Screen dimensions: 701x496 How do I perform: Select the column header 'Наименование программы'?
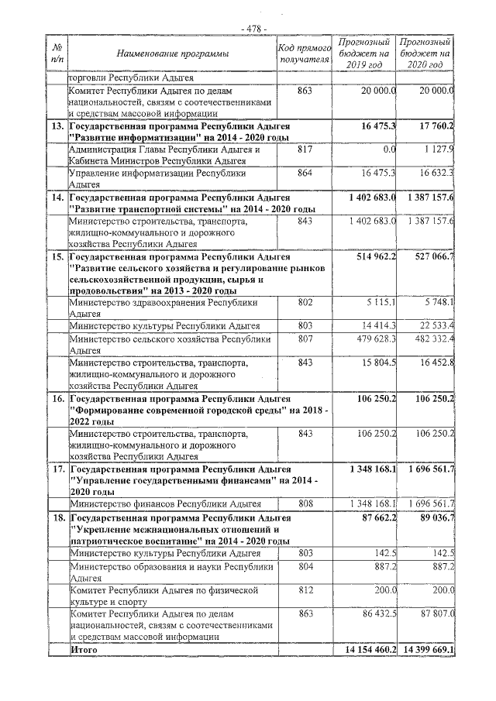tap(173, 53)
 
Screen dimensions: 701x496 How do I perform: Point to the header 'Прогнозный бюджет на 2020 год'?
tap(425, 53)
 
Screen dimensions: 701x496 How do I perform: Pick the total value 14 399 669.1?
tap(425, 649)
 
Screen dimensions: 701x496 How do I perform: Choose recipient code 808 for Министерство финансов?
tap(305, 503)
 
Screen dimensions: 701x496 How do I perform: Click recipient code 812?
tap(305, 589)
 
